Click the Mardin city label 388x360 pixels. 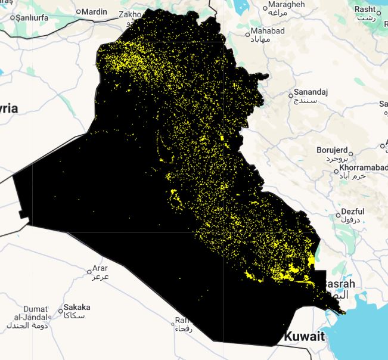(x=95, y=12)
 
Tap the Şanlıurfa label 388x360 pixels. (x=35, y=17)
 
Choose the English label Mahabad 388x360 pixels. (x=268, y=31)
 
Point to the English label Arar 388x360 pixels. (x=100, y=269)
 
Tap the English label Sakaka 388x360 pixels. (x=77, y=307)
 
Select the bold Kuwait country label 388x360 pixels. (x=305, y=337)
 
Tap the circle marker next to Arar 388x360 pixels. (x=89, y=271)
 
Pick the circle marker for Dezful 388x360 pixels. (x=337, y=213)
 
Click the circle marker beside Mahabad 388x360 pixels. (x=247, y=35)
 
